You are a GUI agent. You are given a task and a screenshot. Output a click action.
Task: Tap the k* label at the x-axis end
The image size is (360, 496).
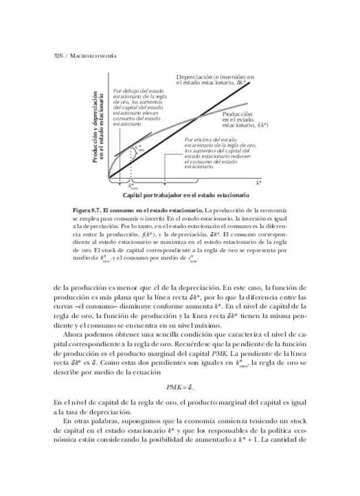tap(258, 182)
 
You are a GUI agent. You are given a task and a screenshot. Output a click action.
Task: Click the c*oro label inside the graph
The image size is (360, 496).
tap(139, 149)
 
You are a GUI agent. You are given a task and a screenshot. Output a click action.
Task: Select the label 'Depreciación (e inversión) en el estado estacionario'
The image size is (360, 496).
tap(215, 80)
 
